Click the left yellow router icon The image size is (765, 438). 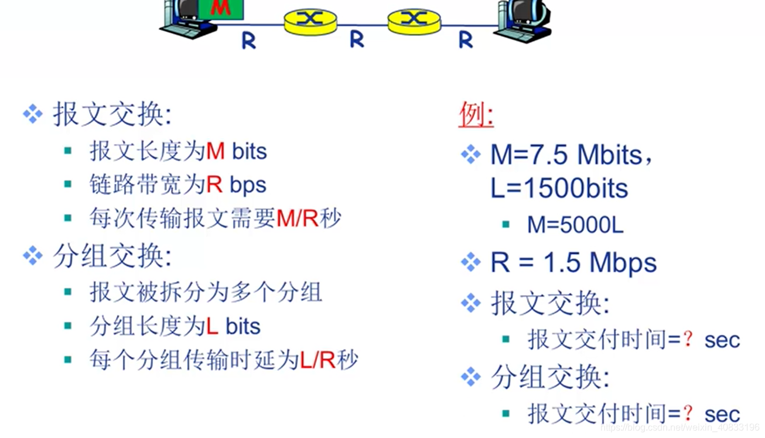[310, 20]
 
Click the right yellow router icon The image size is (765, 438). [414, 20]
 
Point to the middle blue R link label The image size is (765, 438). [357, 40]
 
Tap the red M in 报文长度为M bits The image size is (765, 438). [216, 152]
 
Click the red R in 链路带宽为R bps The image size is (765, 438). [214, 185]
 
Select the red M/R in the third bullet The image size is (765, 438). [297, 218]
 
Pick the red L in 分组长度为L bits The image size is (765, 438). [212, 326]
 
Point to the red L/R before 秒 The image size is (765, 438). [317, 360]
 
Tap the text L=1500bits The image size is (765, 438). [559, 189]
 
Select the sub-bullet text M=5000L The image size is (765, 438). [575, 225]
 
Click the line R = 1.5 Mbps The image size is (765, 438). [573, 262]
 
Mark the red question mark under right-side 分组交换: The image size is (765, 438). [689, 413]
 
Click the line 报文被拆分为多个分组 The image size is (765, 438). [206, 292]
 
